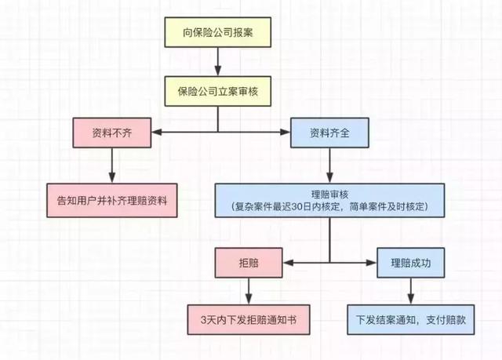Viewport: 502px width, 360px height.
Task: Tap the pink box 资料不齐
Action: click(111, 132)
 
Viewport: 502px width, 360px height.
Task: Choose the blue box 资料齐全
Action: click(329, 132)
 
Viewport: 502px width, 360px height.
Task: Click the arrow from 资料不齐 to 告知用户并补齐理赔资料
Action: click(111, 165)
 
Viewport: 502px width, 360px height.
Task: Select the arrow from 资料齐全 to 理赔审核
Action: click(329, 164)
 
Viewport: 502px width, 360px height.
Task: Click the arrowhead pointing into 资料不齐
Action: click(154, 132)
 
